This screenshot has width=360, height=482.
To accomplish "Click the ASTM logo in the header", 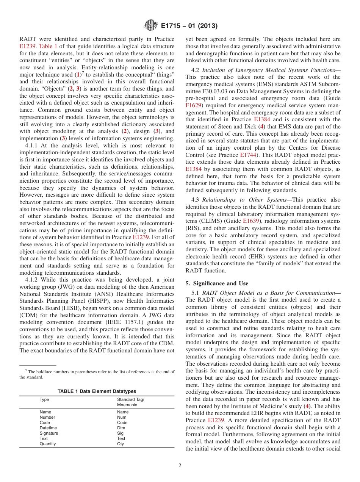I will coord(150,26).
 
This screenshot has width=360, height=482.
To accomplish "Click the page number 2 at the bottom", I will coord(180,466).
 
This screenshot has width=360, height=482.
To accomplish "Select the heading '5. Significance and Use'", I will coord(217,283).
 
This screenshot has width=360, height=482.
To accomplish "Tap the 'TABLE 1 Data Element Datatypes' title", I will coord(97,391).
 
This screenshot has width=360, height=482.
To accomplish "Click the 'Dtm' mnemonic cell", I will coord(121,428).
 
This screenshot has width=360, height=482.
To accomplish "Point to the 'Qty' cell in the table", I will coord(121,444).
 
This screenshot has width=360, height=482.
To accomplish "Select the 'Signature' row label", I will coord(49,433).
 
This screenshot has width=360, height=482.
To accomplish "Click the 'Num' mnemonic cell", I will coord(122,417).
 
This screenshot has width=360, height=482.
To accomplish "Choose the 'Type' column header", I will coord(44,399).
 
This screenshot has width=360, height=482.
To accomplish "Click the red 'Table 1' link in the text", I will coord(48,47).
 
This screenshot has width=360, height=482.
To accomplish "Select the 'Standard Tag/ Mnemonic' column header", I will coord(130,402).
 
